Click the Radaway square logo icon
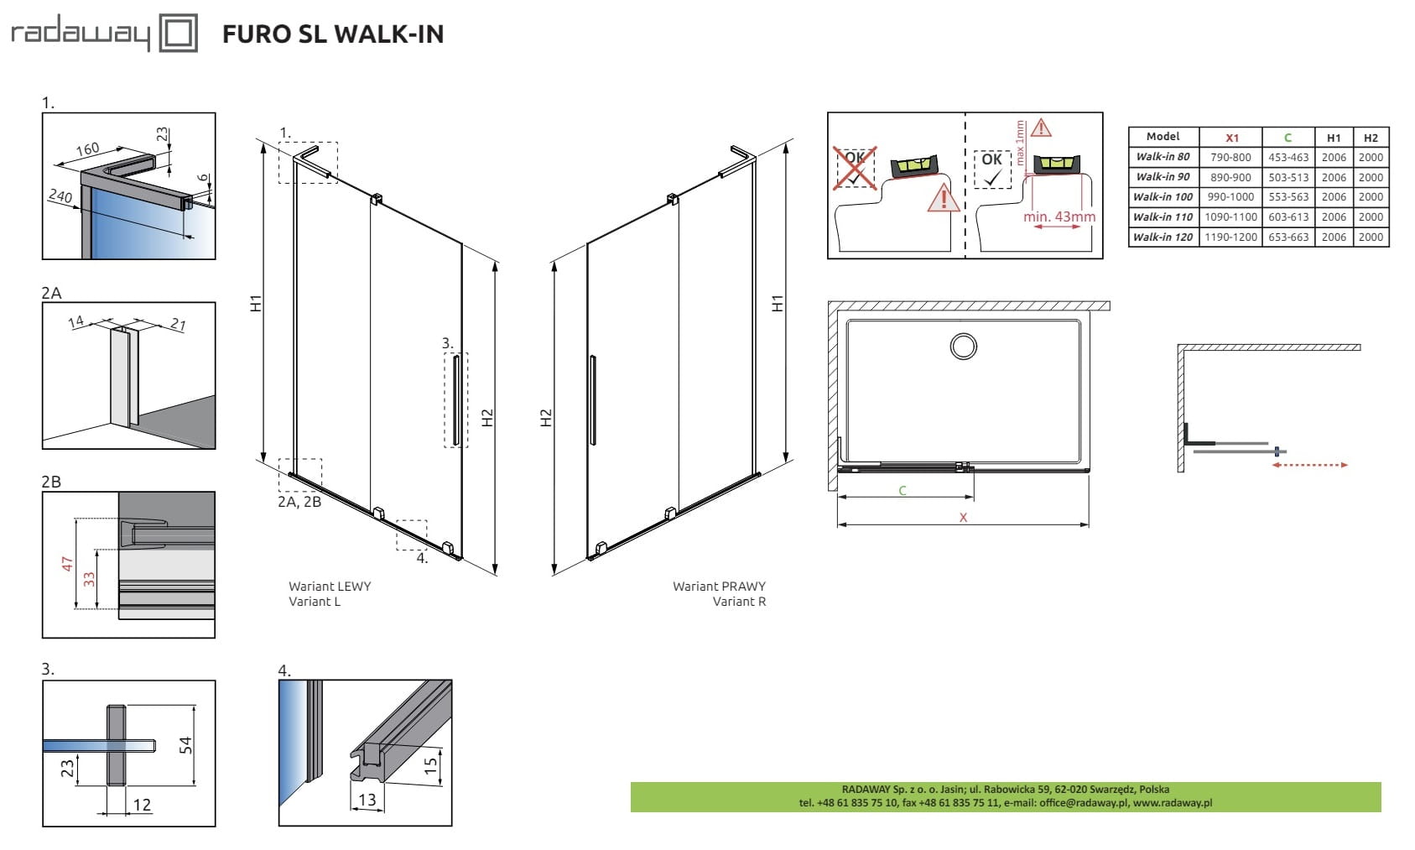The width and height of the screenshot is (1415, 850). (x=178, y=32)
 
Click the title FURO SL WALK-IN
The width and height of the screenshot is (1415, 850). (x=333, y=34)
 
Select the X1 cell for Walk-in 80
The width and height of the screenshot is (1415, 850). (x=1230, y=158)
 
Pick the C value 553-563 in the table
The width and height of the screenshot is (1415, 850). (x=1288, y=197)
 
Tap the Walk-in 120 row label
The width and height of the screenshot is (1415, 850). (x=1163, y=237)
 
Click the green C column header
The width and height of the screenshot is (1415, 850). (x=1288, y=138)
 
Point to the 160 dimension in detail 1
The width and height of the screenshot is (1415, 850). (x=88, y=149)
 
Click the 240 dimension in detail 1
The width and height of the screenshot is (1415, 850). (x=60, y=196)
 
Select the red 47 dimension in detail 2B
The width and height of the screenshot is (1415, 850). (x=68, y=564)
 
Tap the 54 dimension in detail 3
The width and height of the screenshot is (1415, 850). (x=185, y=744)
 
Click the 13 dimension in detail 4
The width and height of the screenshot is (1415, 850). (x=367, y=800)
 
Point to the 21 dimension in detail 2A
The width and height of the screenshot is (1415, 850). (x=178, y=325)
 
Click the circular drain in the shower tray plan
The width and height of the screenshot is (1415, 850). (x=964, y=347)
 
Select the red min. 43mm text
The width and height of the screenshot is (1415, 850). (x=1059, y=216)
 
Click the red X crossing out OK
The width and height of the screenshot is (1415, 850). (x=855, y=168)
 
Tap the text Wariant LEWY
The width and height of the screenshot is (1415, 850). (x=330, y=587)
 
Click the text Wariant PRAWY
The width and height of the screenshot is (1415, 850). (x=719, y=587)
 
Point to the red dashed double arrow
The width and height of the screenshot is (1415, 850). (x=1310, y=465)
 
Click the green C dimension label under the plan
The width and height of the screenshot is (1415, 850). (x=902, y=490)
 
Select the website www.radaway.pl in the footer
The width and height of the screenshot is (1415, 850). (x=1173, y=803)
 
